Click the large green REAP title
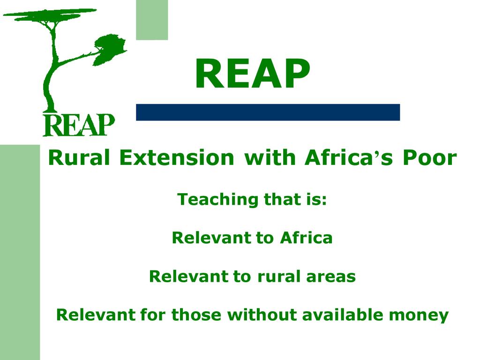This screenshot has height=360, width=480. click(x=253, y=74)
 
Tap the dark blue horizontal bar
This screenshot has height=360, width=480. click(x=268, y=112)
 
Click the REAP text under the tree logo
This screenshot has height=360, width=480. click(x=79, y=125)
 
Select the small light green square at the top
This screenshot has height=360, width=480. click(x=152, y=20)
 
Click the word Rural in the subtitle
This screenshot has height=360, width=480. click(x=79, y=157)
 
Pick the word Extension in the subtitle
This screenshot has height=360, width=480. click(x=177, y=157)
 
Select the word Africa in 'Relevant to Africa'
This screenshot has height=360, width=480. click(x=306, y=238)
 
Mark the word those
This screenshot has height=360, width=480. click(x=196, y=315)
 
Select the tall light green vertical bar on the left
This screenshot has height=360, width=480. click(x=20, y=252)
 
